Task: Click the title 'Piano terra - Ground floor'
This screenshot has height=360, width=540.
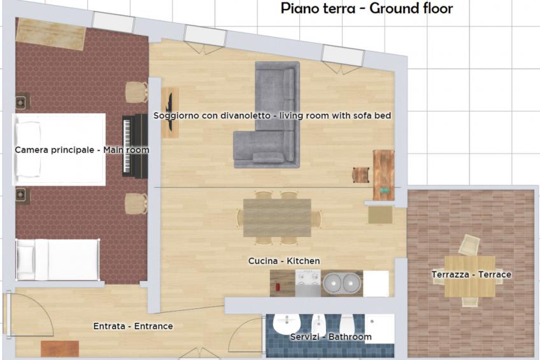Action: pyautogui.click(x=367, y=8)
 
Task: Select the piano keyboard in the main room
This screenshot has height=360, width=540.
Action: pyautogui.click(x=134, y=146)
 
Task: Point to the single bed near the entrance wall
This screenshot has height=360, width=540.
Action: pyautogui.click(x=57, y=259)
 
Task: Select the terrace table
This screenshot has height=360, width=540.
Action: pyautogui.click(x=469, y=276)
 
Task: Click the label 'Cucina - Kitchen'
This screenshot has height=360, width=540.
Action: pyautogui.click(x=284, y=261)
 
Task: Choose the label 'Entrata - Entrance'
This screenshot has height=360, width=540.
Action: pyautogui.click(x=133, y=326)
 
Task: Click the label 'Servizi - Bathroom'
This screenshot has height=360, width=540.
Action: pyautogui.click(x=330, y=336)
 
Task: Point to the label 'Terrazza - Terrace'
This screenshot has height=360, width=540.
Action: pyautogui.click(x=471, y=275)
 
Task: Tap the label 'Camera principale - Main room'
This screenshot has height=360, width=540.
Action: pyautogui.click(x=82, y=150)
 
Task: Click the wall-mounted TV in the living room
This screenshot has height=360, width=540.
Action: pyautogui.click(x=170, y=113)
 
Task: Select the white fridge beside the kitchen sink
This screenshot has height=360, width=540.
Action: pyautogui.click(x=376, y=284)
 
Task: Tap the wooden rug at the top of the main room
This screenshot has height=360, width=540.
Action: pyautogui.click(x=51, y=34)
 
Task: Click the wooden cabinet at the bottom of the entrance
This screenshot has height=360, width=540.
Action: pyautogui.click(x=60, y=349)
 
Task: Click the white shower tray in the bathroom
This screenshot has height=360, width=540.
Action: pyautogui.click(x=380, y=328)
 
